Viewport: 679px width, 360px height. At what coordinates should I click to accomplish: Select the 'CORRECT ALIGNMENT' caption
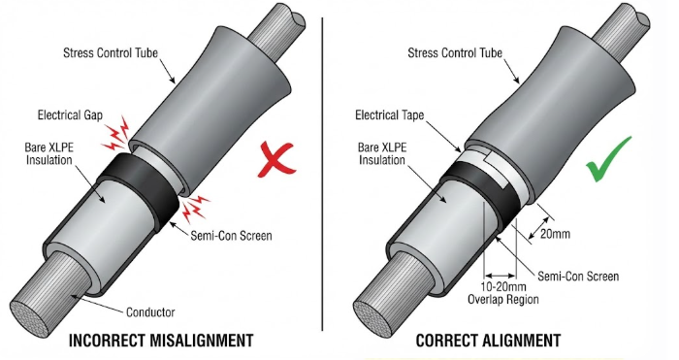click(x=488, y=341)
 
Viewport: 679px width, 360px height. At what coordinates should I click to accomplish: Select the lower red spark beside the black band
click(x=194, y=207)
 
